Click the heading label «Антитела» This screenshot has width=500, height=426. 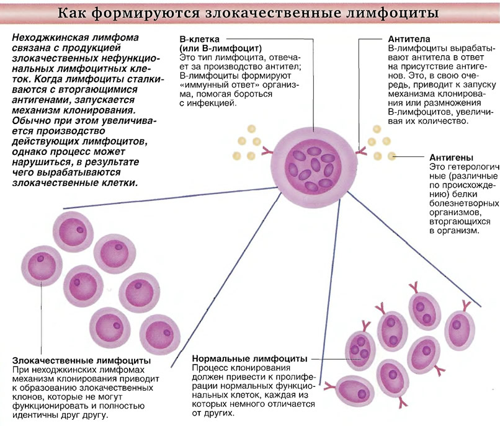click(409, 39)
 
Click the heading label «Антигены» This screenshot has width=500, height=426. click(451, 158)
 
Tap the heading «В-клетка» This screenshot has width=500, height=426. click(199, 39)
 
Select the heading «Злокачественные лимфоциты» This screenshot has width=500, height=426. click(81, 361)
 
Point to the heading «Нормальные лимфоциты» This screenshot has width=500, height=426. click(249, 358)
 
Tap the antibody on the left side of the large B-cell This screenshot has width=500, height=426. click(267, 150)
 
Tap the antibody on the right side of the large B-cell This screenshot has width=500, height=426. click(361, 150)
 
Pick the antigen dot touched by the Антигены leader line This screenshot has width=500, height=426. click(391, 156)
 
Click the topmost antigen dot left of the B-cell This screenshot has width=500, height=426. click(251, 129)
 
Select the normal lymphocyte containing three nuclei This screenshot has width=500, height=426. click(360, 347)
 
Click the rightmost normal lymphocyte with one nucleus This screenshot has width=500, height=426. click(460, 331)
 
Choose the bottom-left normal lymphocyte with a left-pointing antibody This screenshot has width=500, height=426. click(354, 391)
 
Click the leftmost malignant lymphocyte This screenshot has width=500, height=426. click(42, 266)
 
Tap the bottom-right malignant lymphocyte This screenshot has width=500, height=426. click(160, 334)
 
